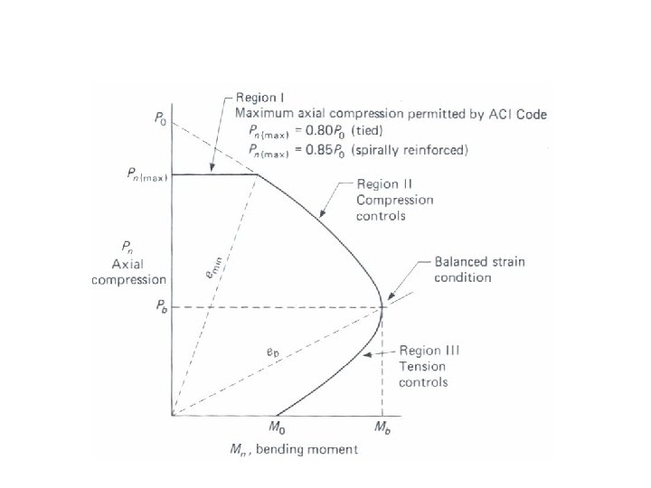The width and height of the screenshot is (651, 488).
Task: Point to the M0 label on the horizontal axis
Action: pos(280,425)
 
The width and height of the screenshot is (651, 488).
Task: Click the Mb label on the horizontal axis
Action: pos(384,425)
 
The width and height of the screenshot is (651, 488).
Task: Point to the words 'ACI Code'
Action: pos(520,113)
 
